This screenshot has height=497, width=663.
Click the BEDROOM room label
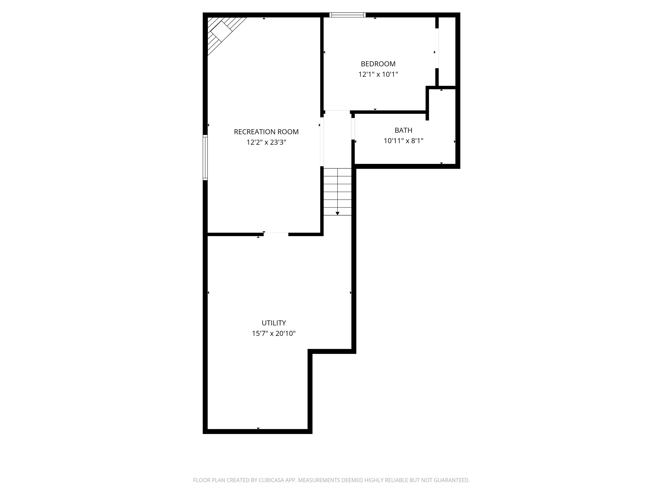click(378, 64)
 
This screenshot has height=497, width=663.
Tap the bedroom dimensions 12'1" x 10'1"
click(378, 74)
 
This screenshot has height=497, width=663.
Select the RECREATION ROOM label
click(266, 132)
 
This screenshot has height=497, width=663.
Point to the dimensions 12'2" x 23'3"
click(266, 142)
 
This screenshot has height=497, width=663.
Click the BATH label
click(403, 130)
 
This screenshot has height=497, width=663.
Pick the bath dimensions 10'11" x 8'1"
click(403, 141)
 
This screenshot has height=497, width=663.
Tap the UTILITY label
click(274, 323)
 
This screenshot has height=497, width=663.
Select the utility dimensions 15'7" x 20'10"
click(274, 333)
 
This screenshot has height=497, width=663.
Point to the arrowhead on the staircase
click(338, 213)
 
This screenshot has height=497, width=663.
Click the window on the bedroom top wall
click(347, 15)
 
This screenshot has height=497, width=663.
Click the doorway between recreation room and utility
click(276, 234)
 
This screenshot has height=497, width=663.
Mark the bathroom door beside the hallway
click(353, 129)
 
